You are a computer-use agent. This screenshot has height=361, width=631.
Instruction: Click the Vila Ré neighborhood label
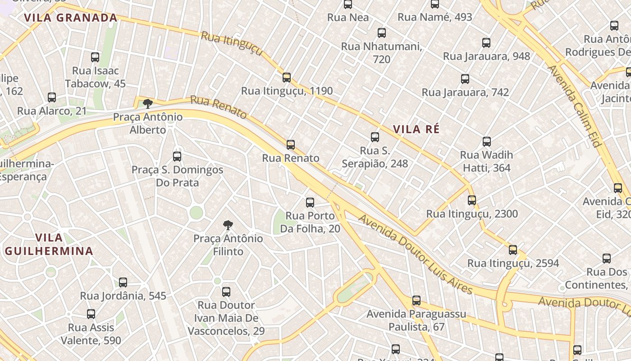click(x=416, y=130)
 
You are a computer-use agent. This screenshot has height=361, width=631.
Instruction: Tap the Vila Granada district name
click(x=71, y=18)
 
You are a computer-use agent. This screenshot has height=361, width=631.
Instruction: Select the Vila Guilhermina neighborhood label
click(x=49, y=244)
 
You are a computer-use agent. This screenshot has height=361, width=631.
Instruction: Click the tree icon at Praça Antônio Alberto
click(x=147, y=104)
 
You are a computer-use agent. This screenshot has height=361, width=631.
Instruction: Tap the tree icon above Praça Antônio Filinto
click(x=228, y=225)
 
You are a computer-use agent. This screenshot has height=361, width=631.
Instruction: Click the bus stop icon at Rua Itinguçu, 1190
click(x=287, y=78)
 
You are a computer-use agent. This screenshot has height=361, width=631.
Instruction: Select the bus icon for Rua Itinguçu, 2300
click(x=472, y=200)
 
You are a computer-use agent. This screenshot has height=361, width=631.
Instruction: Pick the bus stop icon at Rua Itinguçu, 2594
click(x=513, y=250)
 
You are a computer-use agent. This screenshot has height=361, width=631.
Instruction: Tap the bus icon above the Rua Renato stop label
click(x=291, y=145)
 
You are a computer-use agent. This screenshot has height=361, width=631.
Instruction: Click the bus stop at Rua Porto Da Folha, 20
click(x=310, y=203)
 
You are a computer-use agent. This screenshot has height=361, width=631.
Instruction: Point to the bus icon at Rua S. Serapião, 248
click(x=375, y=137)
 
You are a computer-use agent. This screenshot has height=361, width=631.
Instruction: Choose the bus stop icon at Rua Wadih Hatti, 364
click(x=486, y=142)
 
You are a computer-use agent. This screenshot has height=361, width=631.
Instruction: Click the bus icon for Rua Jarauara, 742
click(x=465, y=79)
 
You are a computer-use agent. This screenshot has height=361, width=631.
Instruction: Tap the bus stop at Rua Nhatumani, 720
click(x=381, y=33)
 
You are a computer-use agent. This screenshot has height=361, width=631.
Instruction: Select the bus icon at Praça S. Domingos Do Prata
click(x=177, y=157)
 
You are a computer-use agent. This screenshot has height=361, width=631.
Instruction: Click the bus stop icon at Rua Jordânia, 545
click(x=123, y=282)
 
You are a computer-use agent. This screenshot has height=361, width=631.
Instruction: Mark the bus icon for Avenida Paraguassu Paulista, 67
click(x=416, y=301)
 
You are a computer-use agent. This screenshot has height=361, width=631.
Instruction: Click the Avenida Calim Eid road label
click(x=575, y=106)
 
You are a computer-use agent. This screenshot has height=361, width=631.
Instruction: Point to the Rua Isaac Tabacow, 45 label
click(x=95, y=77)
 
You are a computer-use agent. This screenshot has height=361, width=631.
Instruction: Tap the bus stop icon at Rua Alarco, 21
click(x=52, y=97)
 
